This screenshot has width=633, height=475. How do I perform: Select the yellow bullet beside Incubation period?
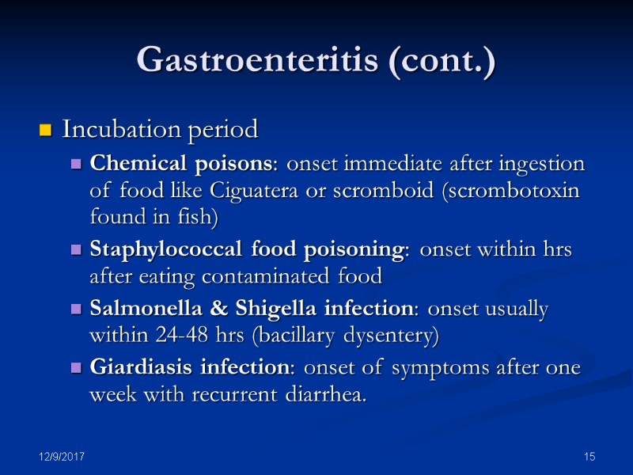pos(45,128)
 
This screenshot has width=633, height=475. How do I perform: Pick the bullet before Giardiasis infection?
pos(77,369)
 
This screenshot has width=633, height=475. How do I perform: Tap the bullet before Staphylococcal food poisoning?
pos(77,250)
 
